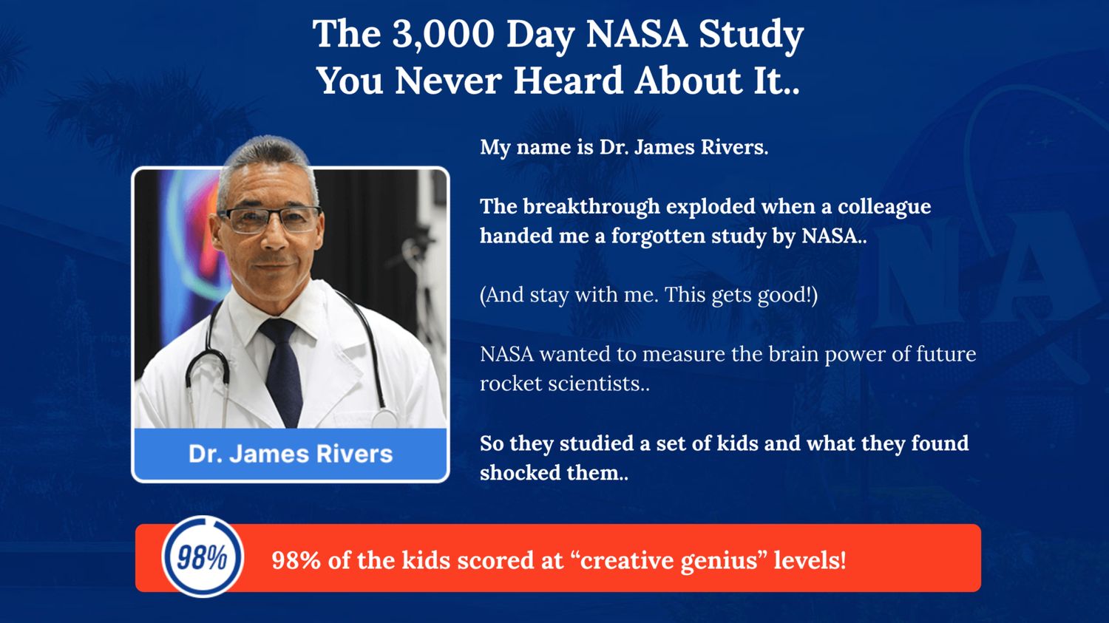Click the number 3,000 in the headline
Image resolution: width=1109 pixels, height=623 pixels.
[x=443, y=35]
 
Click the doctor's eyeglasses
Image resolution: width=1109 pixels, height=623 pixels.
[x=270, y=218]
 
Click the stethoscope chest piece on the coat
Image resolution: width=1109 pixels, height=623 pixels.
[x=384, y=418]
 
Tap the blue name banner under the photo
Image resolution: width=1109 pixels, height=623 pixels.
[x=291, y=454]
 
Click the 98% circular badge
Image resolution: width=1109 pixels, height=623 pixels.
[x=203, y=556]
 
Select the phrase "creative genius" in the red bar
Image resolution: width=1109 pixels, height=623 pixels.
[x=668, y=560]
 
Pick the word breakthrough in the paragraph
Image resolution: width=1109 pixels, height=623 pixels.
[x=591, y=207]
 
